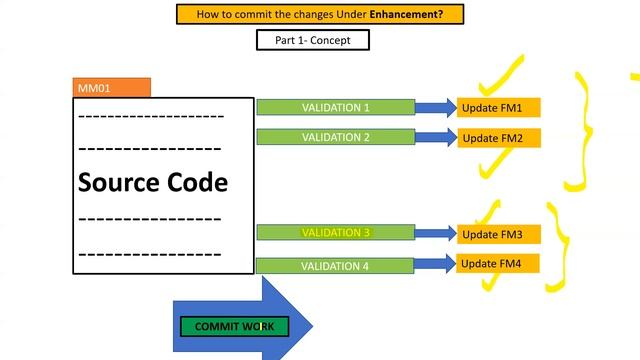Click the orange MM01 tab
(x=112, y=88)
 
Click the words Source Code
(x=153, y=183)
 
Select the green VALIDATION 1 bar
(x=336, y=107)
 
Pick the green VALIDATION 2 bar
(x=336, y=137)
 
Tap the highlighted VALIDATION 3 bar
(x=336, y=233)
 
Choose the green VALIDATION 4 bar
(x=336, y=266)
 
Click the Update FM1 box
(x=500, y=107)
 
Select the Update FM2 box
(x=500, y=138)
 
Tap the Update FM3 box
(x=500, y=235)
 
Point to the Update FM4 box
(x=500, y=264)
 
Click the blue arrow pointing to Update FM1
(x=436, y=107)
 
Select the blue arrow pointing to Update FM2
(x=436, y=137)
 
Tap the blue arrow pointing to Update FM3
(x=436, y=233)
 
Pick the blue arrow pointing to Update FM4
(x=436, y=264)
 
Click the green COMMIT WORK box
(x=234, y=327)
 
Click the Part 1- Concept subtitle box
(x=313, y=40)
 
